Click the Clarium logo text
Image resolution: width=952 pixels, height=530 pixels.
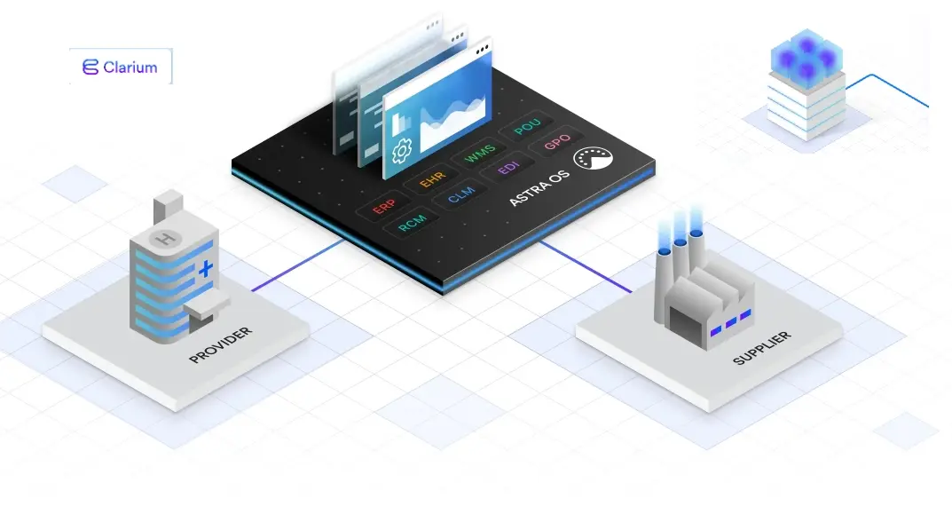point(130,67)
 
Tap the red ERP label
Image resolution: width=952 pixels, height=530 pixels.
point(383,207)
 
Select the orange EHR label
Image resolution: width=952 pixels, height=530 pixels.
point(432,179)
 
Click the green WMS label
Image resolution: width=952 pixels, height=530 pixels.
point(480,154)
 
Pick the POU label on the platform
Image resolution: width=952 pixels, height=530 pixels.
point(527,126)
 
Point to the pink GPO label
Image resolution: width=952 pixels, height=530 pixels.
point(557,141)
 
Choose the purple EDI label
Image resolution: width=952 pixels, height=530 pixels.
point(508,168)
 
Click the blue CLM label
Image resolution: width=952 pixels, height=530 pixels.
point(461,195)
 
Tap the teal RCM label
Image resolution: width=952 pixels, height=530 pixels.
point(413,223)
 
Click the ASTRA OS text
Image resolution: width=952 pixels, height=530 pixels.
point(539,188)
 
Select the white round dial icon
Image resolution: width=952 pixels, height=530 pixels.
point(594,159)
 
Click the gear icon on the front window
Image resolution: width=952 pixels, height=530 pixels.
point(401,150)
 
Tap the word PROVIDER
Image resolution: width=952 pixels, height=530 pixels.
point(220,345)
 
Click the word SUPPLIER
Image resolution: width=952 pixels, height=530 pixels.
point(762,348)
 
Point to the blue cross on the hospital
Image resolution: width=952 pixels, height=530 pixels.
point(206,267)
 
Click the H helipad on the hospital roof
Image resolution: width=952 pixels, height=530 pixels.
point(165,238)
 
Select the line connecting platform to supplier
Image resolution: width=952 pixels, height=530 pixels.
point(586,266)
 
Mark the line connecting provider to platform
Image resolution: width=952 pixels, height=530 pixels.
point(297,265)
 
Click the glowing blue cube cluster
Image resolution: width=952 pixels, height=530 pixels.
point(806,58)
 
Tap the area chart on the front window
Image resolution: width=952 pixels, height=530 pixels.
point(452,123)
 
